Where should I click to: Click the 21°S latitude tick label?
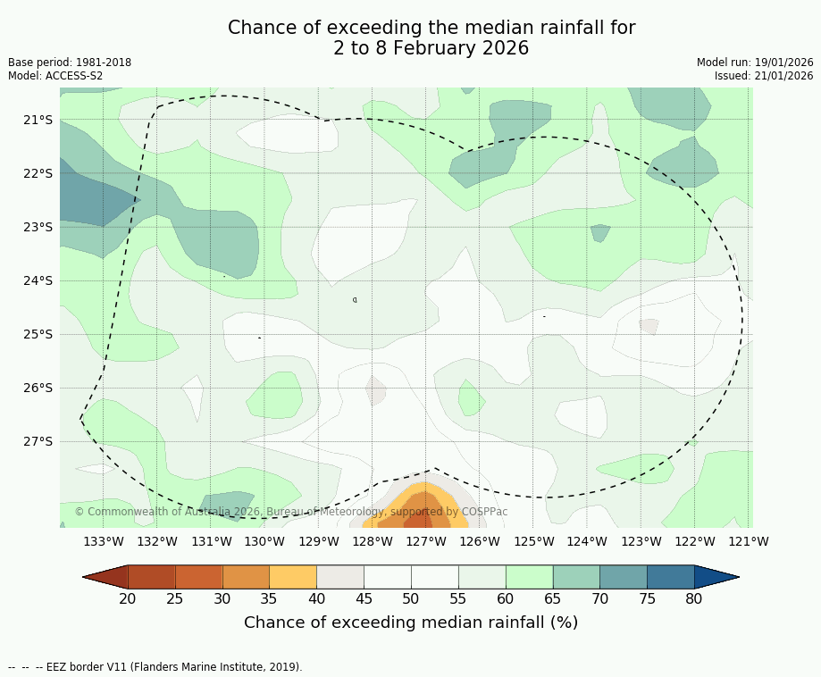point(38,120)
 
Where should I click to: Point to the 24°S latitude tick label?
point(38,280)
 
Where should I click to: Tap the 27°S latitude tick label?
point(38,441)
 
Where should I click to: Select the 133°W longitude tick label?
point(104,541)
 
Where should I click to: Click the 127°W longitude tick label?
point(426,541)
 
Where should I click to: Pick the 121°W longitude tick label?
point(749,541)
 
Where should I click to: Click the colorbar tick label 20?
point(128,598)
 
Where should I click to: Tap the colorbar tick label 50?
point(411,598)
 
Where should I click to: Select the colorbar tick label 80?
point(694,598)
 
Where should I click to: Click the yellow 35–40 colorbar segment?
point(293,577)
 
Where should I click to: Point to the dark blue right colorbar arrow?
point(716,577)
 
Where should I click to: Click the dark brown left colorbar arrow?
point(105,577)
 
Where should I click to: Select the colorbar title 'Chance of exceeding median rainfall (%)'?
point(411,623)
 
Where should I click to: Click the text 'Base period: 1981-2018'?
point(70,63)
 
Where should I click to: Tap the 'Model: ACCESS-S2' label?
point(55,76)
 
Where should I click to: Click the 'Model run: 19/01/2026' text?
point(755,63)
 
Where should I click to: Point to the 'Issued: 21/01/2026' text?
point(764,76)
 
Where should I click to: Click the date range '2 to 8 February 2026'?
point(431,48)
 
